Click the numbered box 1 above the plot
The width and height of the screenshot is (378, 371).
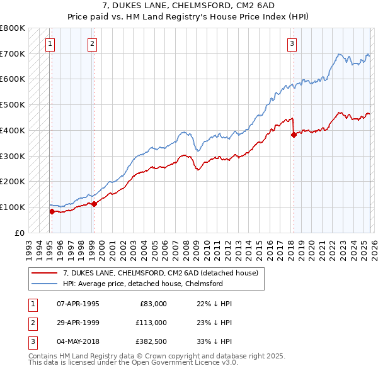[x=50, y=43]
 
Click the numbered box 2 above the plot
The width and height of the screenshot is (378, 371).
[x=92, y=43]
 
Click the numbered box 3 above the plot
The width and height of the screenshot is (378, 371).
[x=292, y=43]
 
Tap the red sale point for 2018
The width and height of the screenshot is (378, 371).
[x=294, y=134]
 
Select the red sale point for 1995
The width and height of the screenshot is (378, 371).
[x=52, y=211]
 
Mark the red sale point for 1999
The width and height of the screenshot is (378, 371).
[x=94, y=204]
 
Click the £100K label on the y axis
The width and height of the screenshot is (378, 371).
[x=13, y=207]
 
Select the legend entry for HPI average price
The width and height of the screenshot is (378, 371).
[x=143, y=284]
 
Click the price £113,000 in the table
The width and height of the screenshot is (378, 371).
[x=151, y=323]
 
